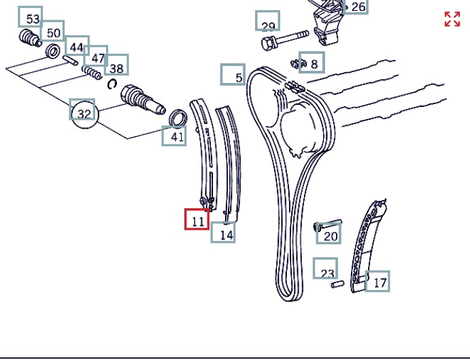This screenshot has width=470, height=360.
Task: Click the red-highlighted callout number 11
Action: (x=197, y=219)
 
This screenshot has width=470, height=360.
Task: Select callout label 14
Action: (x=223, y=232)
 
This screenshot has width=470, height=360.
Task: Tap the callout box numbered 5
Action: (x=233, y=74)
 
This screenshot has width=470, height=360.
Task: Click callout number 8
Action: (x=312, y=62)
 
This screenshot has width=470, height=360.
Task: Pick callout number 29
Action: (x=268, y=20)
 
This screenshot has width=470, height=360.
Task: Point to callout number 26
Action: (x=356, y=7)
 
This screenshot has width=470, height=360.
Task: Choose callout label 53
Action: (x=31, y=17)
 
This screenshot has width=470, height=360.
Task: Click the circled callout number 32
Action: (x=84, y=114)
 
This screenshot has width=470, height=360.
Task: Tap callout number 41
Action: (x=174, y=136)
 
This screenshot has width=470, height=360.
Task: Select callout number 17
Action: (x=377, y=281)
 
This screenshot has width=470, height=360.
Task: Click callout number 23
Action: (x=326, y=268)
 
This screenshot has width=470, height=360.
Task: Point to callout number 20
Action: (x=329, y=233)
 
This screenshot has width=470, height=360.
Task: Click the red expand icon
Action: (x=452, y=19)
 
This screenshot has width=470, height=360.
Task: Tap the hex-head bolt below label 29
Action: (x=285, y=40)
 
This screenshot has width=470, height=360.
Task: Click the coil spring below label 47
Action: (x=92, y=72)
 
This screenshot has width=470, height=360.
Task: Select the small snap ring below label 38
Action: (x=112, y=84)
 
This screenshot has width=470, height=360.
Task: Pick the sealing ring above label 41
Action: (x=178, y=118)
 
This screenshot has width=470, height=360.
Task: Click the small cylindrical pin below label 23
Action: (x=337, y=284)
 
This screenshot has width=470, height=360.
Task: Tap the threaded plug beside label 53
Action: (x=30, y=38)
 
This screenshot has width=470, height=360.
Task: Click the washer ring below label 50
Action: (x=53, y=51)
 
